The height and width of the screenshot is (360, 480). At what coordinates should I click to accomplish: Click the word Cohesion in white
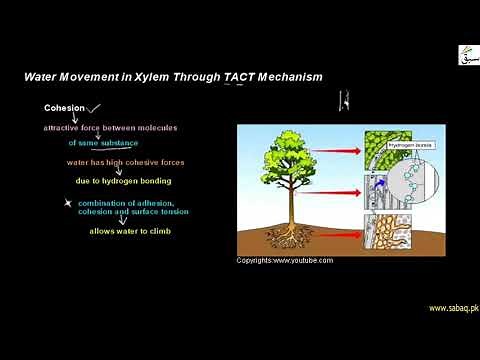(x=64, y=108)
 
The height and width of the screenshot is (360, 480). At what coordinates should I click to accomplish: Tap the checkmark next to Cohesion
(x=95, y=108)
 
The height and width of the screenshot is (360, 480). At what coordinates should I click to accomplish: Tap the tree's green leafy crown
(x=291, y=160)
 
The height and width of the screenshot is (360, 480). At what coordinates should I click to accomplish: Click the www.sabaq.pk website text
(x=453, y=308)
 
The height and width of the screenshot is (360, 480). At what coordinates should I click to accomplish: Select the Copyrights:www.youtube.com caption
(x=285, y=261)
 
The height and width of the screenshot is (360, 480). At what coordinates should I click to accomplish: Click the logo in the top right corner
(x=467, y=54)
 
